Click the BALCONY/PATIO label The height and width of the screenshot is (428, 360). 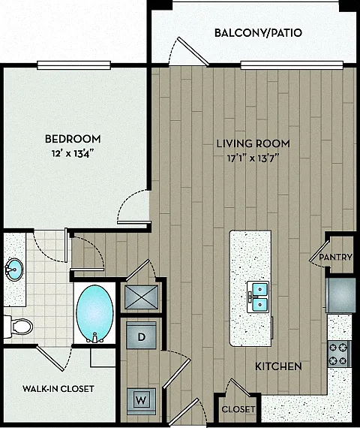coord(258,33)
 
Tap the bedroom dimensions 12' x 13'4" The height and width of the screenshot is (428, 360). coord(73,154)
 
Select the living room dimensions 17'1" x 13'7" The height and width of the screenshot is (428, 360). coord(253,158)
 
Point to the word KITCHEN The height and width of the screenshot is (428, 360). coord(278,366)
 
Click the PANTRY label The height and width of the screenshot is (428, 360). coord(336,257)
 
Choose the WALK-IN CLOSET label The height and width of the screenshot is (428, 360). coord(58,388)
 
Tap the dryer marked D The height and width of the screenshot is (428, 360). coord(141,336)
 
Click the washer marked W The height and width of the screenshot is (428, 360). coord(141,401)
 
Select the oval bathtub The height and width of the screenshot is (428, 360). coord(94,314)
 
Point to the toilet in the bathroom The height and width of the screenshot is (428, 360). coord(18,327)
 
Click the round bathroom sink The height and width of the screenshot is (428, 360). coord(13,270)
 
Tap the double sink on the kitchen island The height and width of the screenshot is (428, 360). coord(259,297)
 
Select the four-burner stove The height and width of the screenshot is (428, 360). coord(339,354)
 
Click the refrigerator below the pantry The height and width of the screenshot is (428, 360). coord(340,295)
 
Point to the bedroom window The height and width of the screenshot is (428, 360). coord(73,65)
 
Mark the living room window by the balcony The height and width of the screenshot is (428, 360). coord(292,65)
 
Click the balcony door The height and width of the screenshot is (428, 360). coord(193,51)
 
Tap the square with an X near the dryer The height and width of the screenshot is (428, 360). coord(141,297)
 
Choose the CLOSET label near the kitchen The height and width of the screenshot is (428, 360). coord(238,409)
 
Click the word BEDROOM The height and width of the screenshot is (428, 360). coord(73,139)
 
